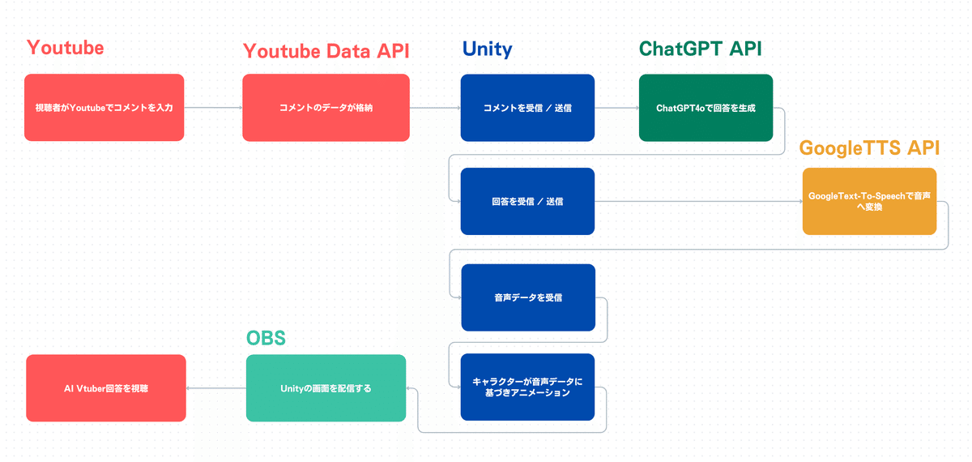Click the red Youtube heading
point(65,48)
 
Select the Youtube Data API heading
point(326,51)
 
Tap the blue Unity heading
point(487,49)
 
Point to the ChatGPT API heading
point(700,49)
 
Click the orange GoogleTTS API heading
point(869,148)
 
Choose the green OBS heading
point(266,336)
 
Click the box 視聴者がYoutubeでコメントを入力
point(104,108)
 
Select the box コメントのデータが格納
point(326,108)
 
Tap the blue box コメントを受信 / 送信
point(527,108)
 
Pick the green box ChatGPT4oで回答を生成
point(706,108)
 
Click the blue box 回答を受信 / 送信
point(527,201)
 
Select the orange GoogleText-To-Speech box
point(869,201)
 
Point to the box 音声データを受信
point(527,297)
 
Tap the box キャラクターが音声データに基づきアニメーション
point(527,387)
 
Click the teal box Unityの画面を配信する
point(326,388)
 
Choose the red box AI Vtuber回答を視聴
point(106,388)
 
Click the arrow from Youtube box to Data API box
point(213,108)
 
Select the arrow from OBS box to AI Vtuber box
point(216,388)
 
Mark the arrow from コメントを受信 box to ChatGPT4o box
point(616,108)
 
